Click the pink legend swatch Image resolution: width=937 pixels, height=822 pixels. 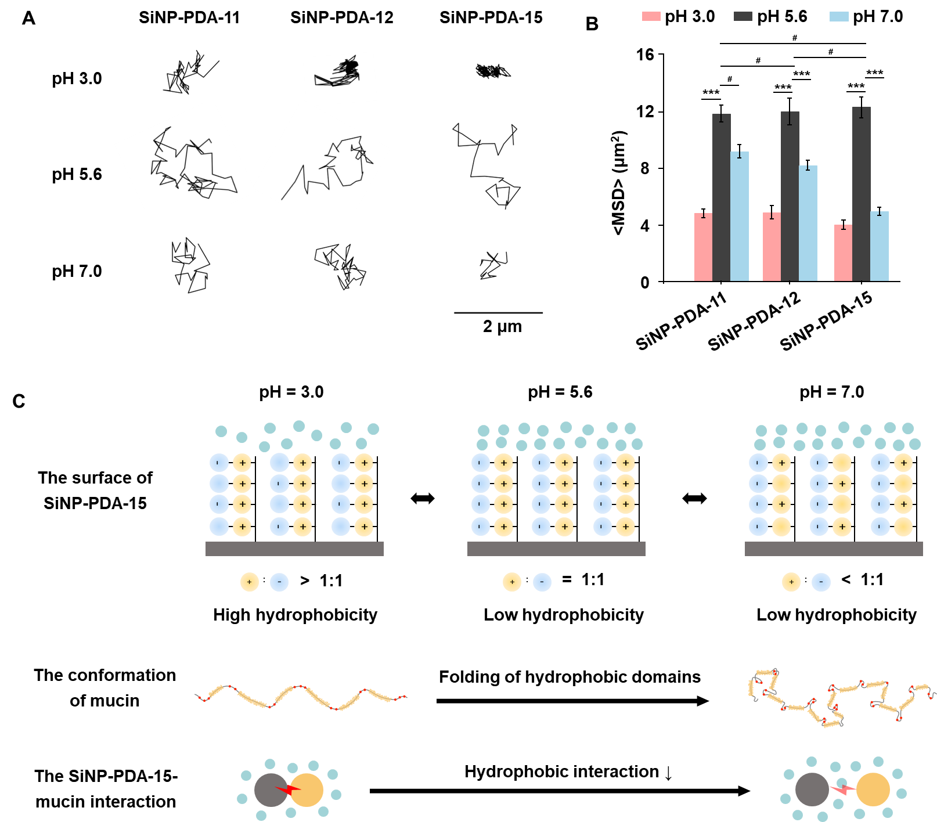(651, 16)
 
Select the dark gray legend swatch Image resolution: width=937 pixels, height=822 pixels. (743, 16)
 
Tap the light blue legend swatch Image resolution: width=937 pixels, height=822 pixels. (839, 16)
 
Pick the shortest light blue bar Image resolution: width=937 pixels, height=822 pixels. (880, 247)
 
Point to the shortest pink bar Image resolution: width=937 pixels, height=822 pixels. (843, 253)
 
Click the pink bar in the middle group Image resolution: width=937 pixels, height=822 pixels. (772, 247)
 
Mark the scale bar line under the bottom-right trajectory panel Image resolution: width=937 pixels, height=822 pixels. (498, 313)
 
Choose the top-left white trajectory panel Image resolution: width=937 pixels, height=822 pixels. (190, 71)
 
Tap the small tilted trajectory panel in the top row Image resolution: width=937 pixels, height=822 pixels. (340, 78)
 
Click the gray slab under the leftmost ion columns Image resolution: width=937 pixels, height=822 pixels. (294, 549)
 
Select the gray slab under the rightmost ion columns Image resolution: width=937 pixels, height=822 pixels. (834, 549)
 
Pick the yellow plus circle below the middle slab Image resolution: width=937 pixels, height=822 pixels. (512, 582)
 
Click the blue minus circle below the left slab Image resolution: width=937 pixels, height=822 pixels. (279, 582)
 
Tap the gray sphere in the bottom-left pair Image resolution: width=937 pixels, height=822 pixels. (269, 790)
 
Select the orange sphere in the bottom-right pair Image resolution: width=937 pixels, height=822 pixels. (873, 789)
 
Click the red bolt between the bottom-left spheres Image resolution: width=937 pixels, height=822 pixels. (288, 789)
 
